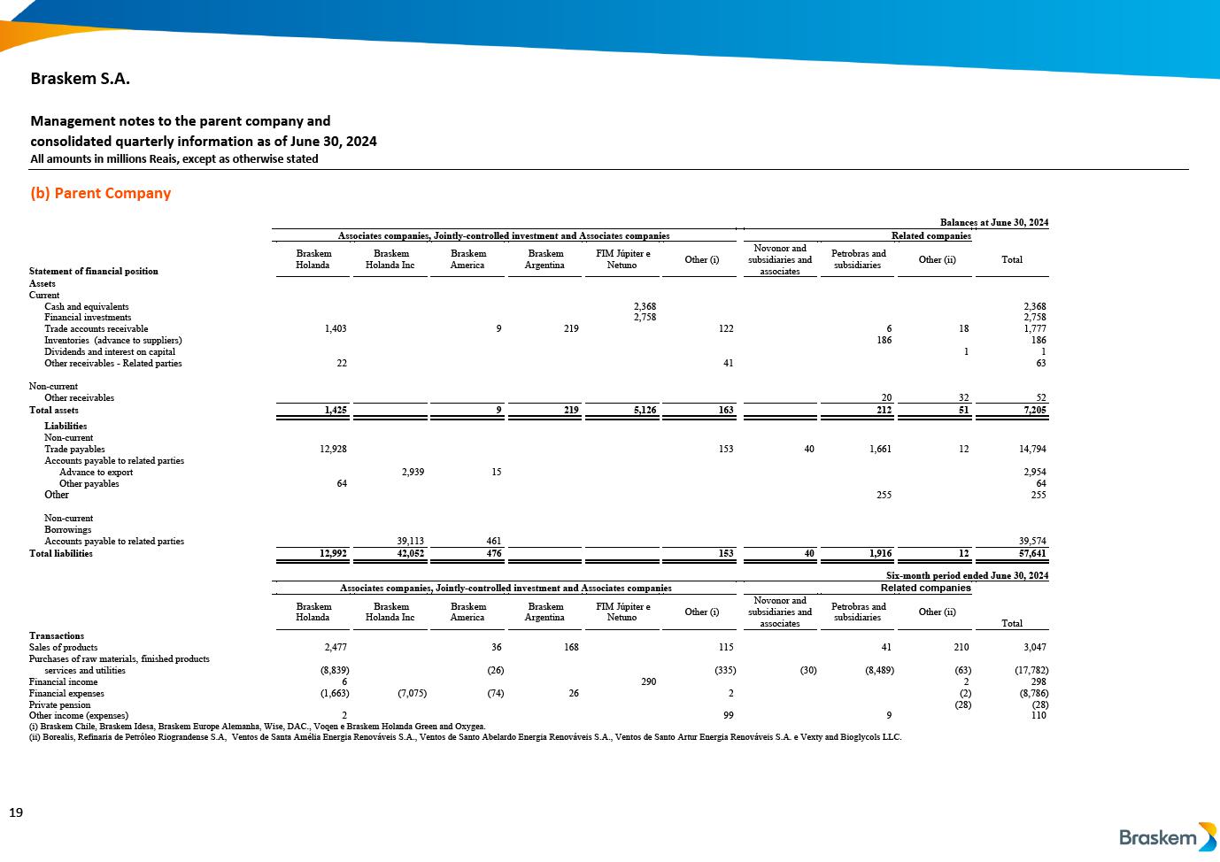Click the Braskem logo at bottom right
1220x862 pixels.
coord(1167,836)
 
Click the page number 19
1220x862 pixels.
coord(16,812)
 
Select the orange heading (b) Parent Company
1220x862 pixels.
coord(100,193)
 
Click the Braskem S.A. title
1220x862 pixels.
coord(81,78)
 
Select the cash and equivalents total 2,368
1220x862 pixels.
coord(1034,307)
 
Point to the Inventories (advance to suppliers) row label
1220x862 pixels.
coord(113,341)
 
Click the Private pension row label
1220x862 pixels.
coord(59,705)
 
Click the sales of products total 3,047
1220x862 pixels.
coord(1033,648)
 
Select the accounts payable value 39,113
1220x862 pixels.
coord(408,541)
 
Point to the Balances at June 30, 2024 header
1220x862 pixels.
coord(993,223)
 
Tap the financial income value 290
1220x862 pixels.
coord(648,682)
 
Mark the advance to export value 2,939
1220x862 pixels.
coord(413,473)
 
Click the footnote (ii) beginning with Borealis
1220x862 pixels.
coord(465,737)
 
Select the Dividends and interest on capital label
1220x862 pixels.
coord(110,352)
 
